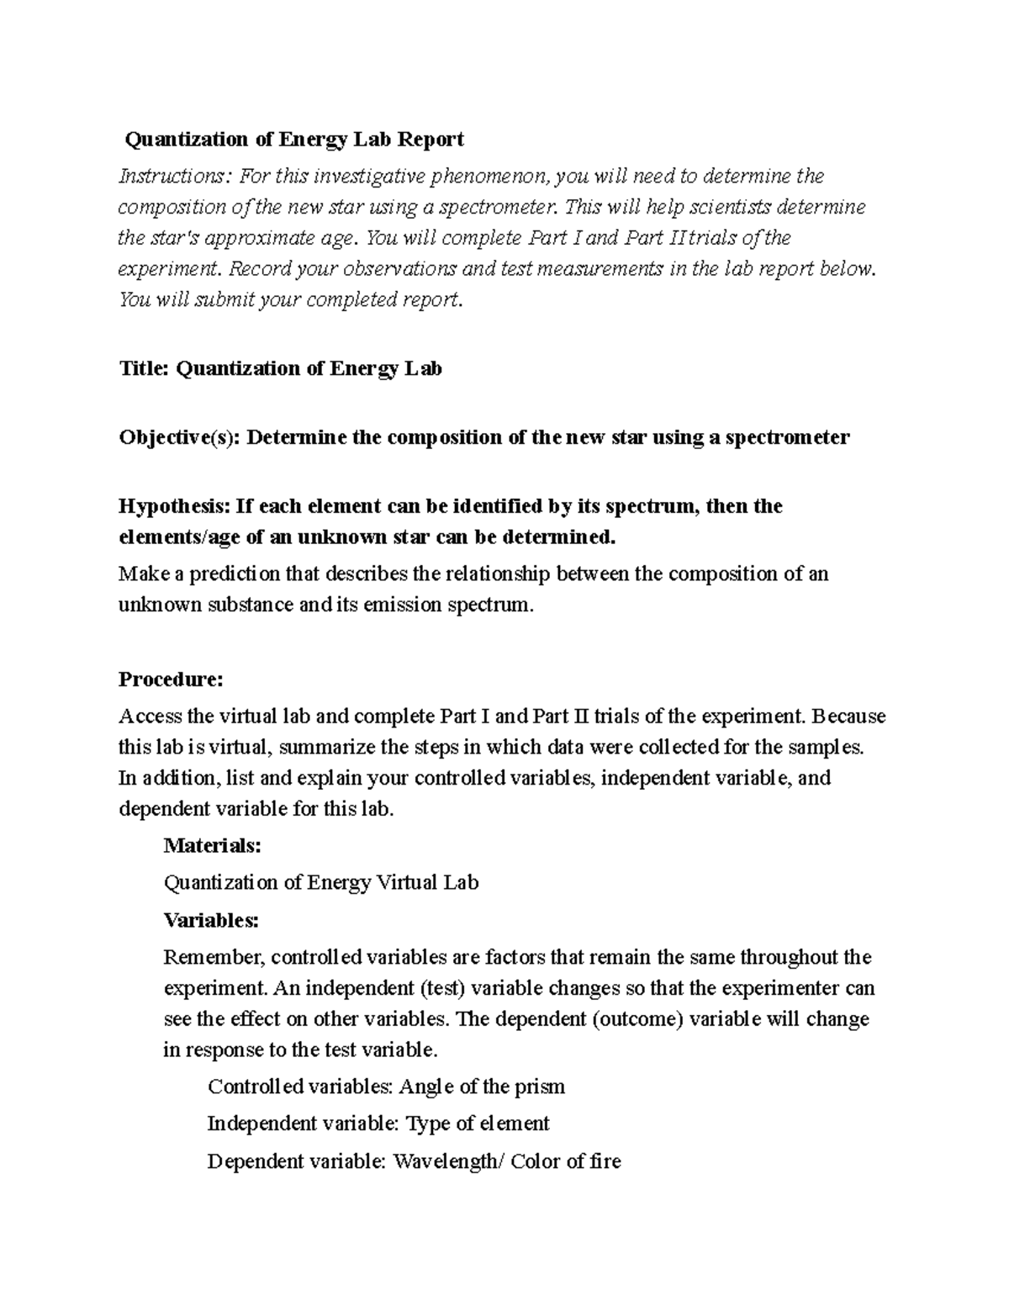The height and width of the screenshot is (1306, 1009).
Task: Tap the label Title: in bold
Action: (144, 368)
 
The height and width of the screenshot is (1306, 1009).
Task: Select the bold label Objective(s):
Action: (179, 437)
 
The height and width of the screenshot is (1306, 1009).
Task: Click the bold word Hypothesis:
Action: (173, 506)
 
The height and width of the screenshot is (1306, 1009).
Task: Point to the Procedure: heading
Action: (171, 679)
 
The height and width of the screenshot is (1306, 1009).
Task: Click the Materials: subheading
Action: (212, 845)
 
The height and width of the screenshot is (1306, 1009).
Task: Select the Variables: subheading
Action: (211, 920)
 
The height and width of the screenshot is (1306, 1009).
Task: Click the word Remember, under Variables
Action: (214, 957)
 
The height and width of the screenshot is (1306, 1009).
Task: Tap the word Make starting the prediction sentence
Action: (143, 574)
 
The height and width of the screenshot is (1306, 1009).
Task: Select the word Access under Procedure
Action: (149, 716)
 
